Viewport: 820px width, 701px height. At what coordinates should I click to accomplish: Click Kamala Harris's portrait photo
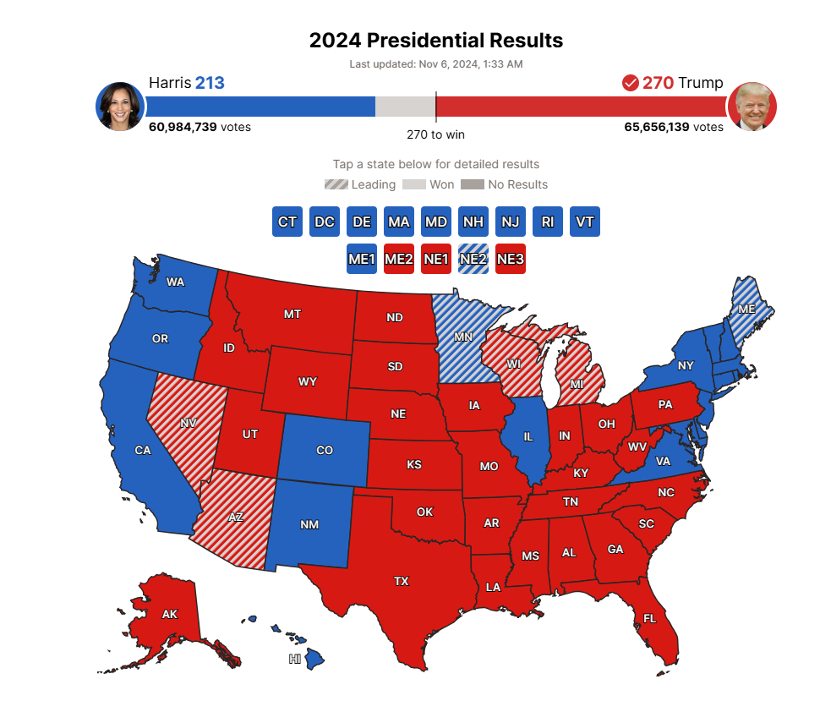pos(120,107)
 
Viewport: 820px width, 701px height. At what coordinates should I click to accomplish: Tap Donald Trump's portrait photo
pos(752,107)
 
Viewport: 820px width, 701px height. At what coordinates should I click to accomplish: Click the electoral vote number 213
pos(210,83)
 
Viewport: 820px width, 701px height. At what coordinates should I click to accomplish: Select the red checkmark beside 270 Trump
pos(630,83)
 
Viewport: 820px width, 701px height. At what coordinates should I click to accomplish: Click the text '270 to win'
pos(435,134)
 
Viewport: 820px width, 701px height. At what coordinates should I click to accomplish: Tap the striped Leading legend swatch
pos(336,184)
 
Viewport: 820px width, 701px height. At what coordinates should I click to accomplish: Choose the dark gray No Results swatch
pos(473,184)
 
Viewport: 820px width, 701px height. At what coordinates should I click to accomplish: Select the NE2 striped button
pos(473,259)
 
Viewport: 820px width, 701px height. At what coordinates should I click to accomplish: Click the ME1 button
pos(362,259)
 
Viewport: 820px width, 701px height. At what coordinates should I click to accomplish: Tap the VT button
pos(585,222)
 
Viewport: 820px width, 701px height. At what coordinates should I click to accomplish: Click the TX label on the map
pos(401,581)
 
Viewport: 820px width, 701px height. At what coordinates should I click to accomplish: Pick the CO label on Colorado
pos(325,450)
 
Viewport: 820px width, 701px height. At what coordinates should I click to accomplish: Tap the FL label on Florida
pos(649,618)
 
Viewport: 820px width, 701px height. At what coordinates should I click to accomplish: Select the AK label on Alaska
pos(169,614)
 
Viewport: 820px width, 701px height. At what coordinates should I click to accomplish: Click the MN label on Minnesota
pos(462,337)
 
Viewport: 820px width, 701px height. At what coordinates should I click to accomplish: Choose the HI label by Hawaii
pos(295,658)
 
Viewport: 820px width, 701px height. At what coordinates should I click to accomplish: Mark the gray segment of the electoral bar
pos(405,107)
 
